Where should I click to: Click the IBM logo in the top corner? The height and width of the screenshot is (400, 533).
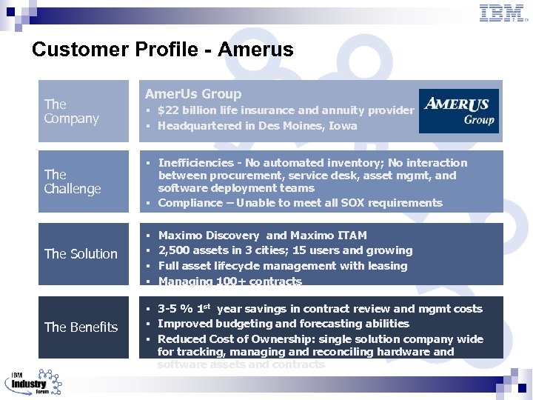[503, 13]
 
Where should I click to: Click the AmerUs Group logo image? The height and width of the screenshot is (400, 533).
[459, 111]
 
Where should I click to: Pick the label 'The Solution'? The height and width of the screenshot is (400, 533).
[81, 254]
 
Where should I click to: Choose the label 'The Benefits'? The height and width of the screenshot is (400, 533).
[81, 327]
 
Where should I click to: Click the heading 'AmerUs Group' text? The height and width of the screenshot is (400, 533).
[193, 94]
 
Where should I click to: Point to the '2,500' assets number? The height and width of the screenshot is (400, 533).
[173, 250]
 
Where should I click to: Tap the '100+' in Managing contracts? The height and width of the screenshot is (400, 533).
[223, 281]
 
